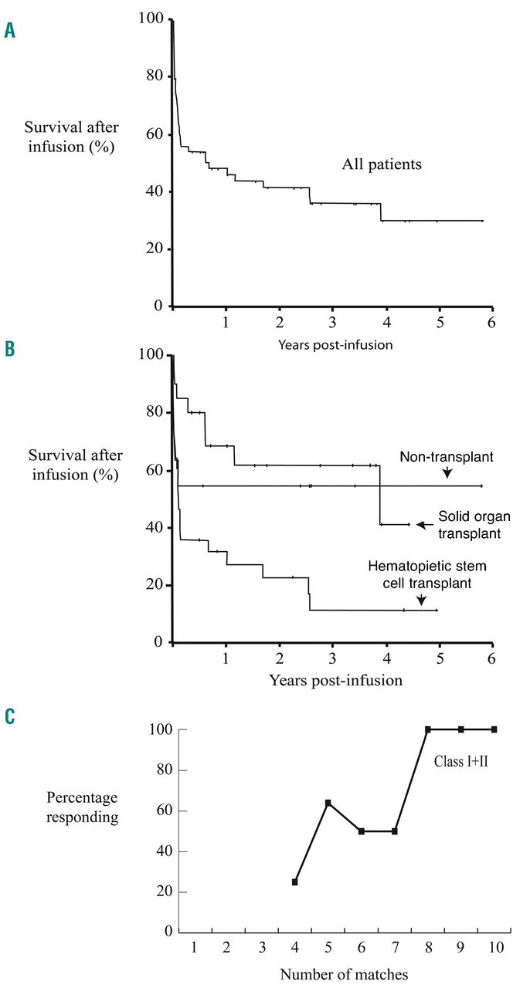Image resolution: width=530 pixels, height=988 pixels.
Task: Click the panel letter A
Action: tap(10, 31)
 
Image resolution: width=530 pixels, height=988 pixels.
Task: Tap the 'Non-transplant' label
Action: tap(447, 458)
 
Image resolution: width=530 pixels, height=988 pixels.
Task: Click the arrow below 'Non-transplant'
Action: tap(447, 474)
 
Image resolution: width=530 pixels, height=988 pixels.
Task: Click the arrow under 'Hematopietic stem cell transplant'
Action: tap(420, 598)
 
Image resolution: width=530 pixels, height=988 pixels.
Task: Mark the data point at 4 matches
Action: tap(295, 881)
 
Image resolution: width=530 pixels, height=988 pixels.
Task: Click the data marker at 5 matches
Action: tap(328, 803)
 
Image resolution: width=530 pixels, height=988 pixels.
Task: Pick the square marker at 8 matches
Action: tap(427, 729)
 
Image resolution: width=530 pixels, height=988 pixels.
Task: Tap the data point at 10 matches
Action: tap(494, 729)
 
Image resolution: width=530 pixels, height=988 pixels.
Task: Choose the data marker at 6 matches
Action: tap(362, 831)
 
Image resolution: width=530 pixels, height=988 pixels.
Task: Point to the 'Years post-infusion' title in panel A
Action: tap(335, 344)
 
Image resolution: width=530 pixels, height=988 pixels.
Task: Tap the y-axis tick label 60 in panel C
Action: tap(162, 811)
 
